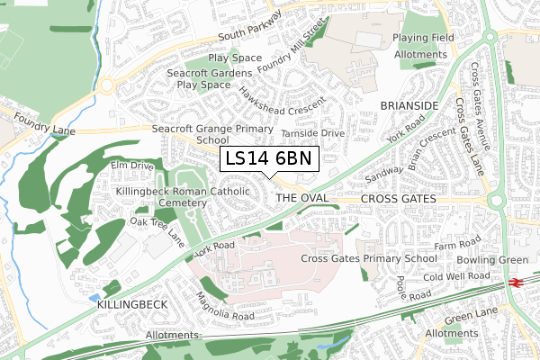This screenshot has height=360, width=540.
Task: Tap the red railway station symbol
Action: point(516,282)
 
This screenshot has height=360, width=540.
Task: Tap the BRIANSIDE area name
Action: point(409,105)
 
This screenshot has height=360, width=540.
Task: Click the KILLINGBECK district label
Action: point(131,305)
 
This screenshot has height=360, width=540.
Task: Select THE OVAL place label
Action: point(298,197)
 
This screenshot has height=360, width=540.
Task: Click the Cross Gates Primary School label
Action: point(369,258)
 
